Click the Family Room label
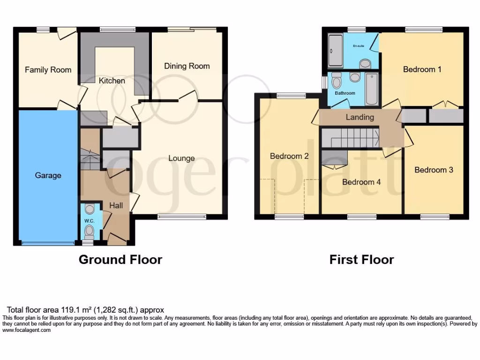(x=48, y=70)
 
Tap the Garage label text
(x=48, y=175)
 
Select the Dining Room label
(x=187, y=66)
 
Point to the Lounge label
(x=181, y=158)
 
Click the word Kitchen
(x=112, y=81)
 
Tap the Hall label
(x=116, y=205)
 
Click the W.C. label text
(x=89, y=221)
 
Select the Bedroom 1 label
(x=422, y=69)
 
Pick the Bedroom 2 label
(x=289, y=156)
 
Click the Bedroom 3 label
(x=434, y=170)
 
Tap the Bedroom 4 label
(x=361, y=182)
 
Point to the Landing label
(x=360, y=117)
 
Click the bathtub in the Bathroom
(x=371, y=89)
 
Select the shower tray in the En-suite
(x=335, y=51)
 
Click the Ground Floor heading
(x=120, y=259)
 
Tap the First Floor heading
(x=361, y=259)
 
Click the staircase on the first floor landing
(x=350, y=139)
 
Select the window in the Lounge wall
(x=181, y=217)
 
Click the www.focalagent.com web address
(x=27, y=330)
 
